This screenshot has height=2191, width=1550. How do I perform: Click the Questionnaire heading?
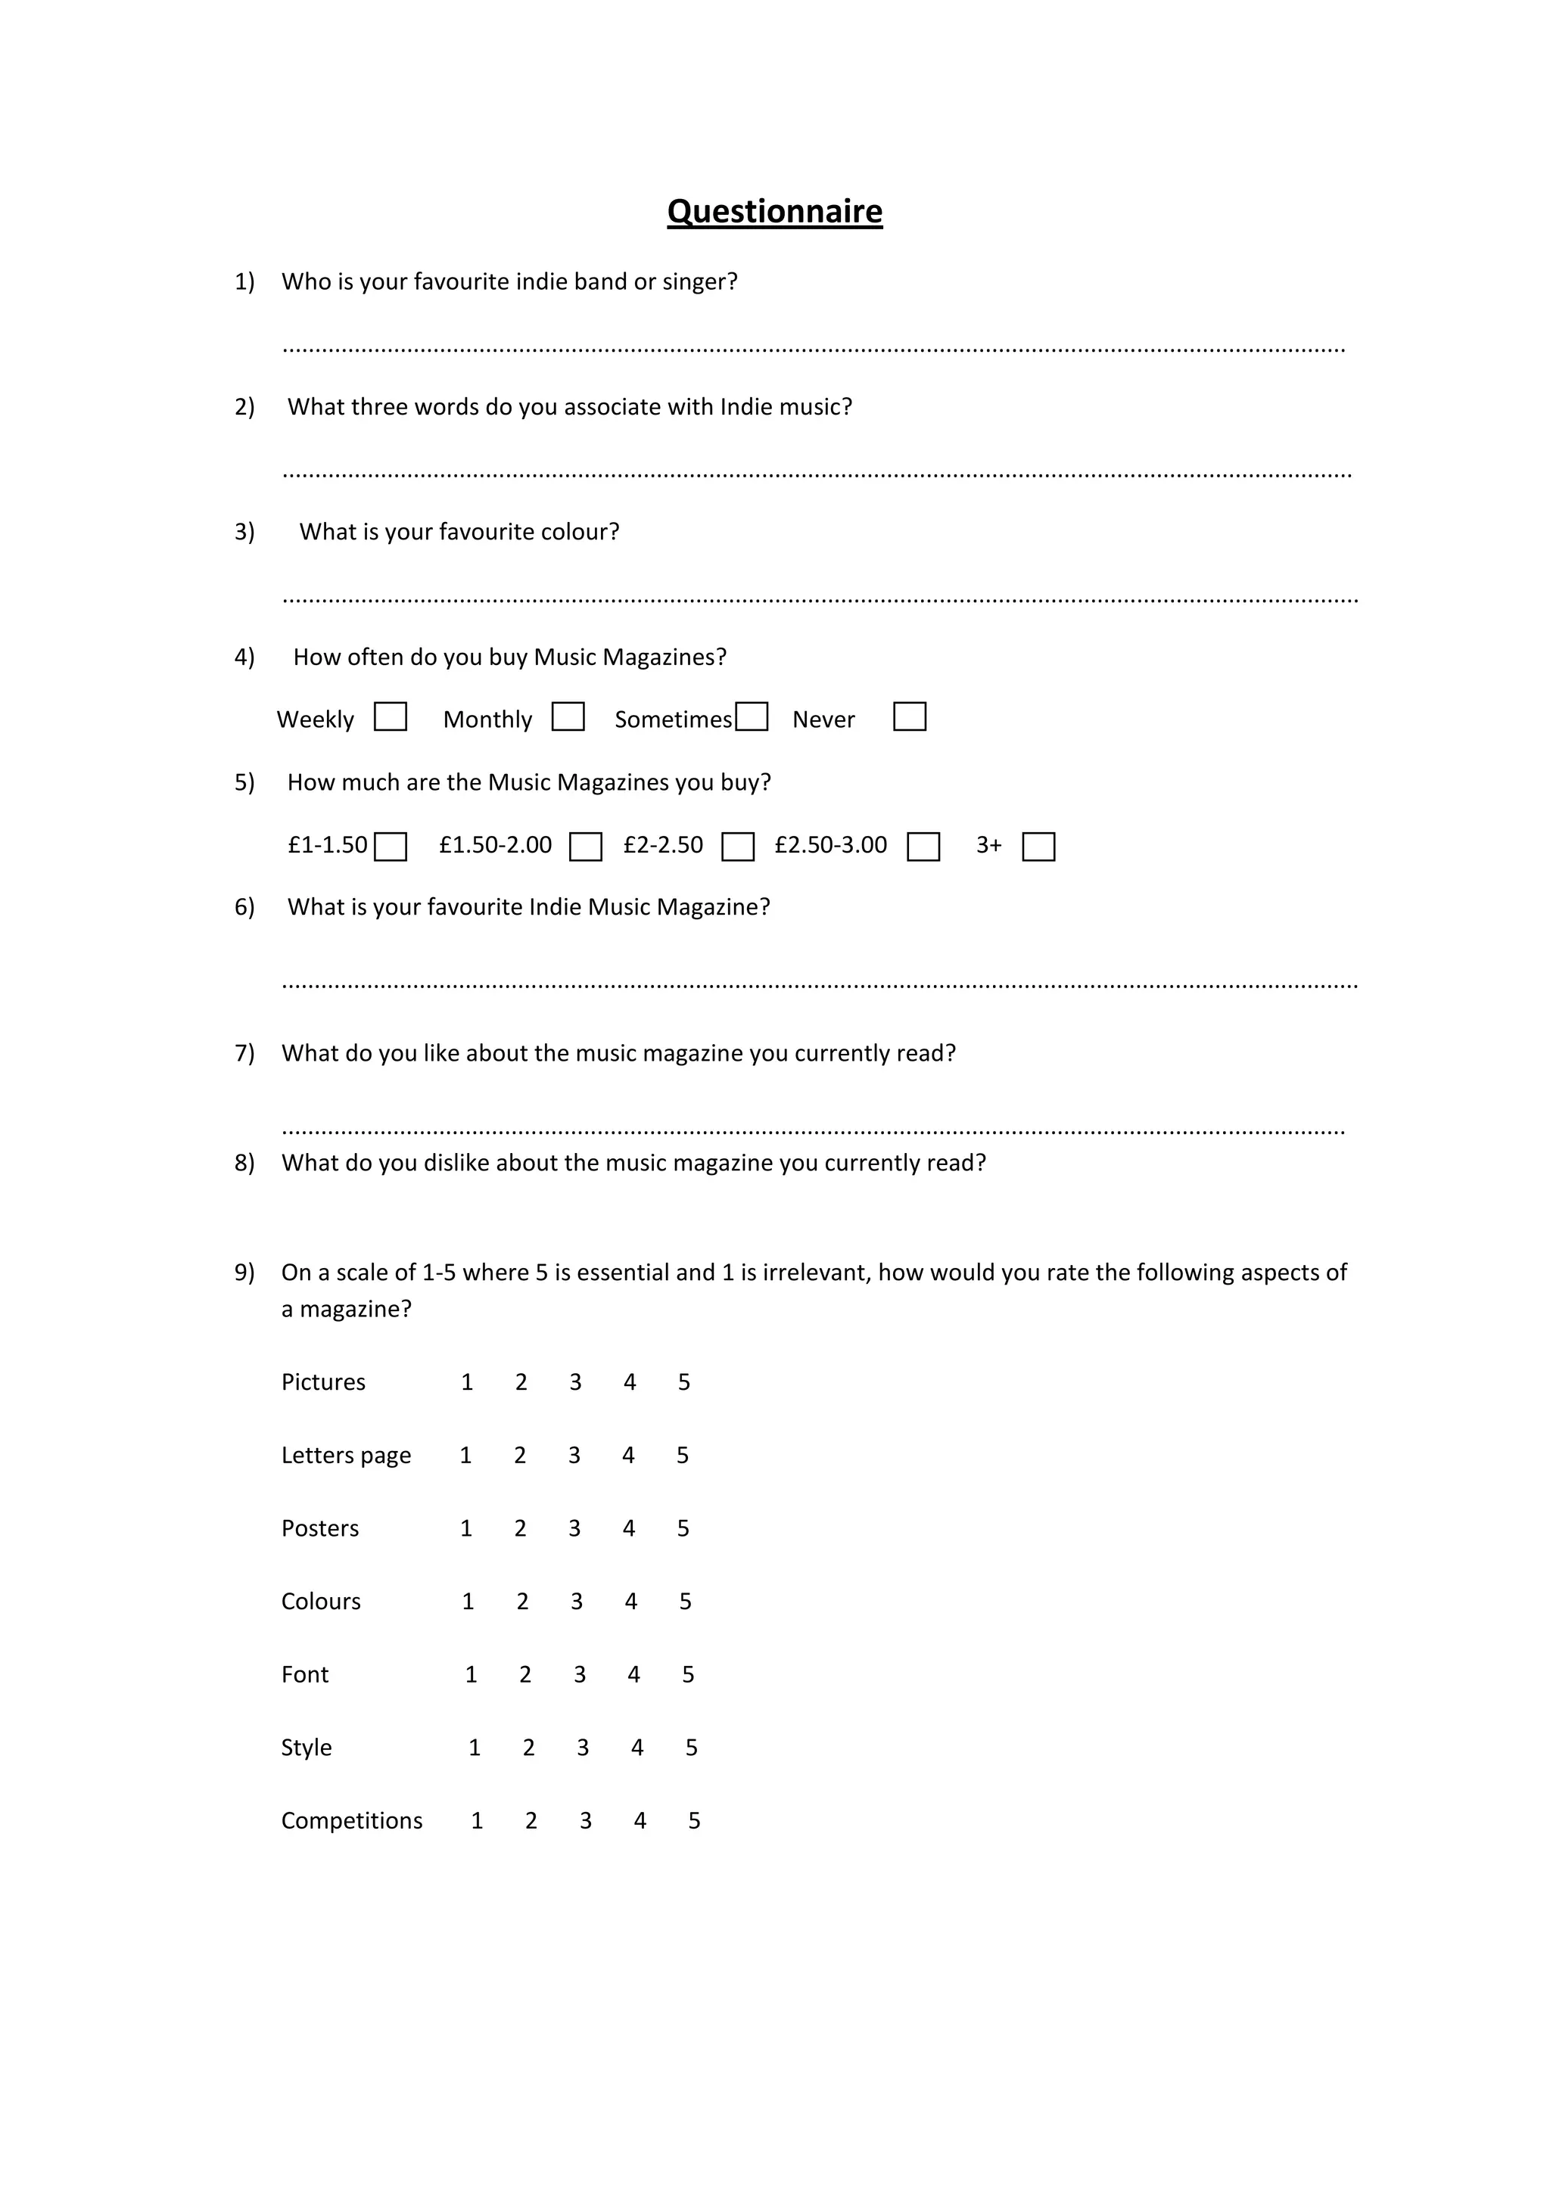774,212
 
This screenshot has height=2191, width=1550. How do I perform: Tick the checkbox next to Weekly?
391,716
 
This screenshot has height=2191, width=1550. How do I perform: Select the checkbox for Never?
909,716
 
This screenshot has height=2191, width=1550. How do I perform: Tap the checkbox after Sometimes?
752,716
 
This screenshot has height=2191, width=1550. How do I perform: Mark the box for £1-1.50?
391,847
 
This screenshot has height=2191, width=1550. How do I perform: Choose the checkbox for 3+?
1038,847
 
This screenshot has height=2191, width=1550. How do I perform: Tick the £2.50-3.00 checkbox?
923,847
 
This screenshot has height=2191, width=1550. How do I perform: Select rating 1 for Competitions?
478,1822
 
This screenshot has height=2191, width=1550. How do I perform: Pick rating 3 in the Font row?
579,1675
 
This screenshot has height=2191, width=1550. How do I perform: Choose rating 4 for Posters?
629,1529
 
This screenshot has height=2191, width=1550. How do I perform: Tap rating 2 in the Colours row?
522,1602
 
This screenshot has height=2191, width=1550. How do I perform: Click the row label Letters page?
346,1456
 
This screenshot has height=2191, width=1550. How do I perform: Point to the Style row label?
307,1748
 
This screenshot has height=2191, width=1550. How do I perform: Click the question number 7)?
244,1054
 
